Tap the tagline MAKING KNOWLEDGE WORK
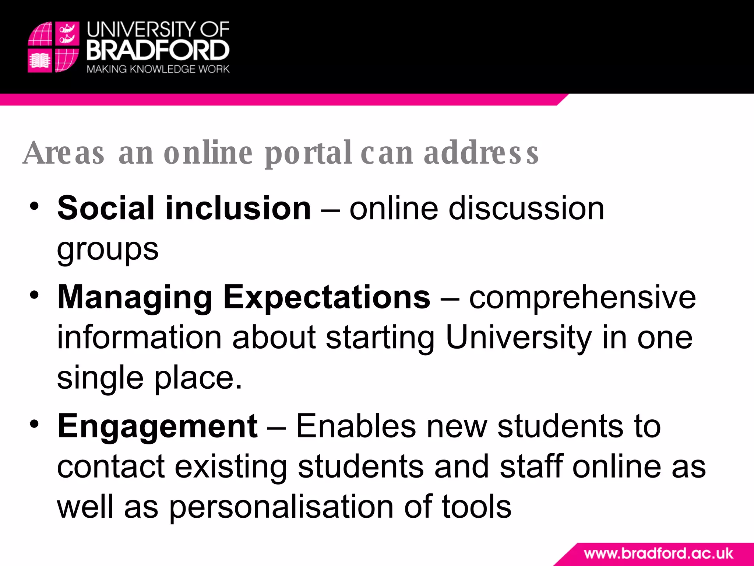[158, 69]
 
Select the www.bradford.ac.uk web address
[658, 553]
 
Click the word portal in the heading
[308, 153]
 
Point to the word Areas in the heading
[64, 153]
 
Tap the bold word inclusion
[238, 209]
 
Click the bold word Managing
[135, 298]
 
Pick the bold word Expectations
[327, 298]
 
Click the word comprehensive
[582, 298]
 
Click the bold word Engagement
[157, 427]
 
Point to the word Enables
[356, 427]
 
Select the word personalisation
[281, 507]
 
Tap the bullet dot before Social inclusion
[34, 206]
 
